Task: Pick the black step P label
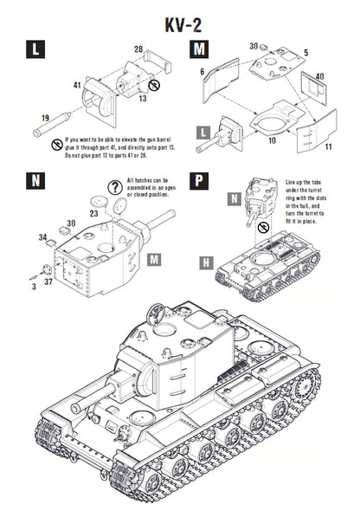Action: point(199,181)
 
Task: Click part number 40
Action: point(321,76)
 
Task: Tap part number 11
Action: point(330,148)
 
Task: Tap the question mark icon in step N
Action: point(115,186)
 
